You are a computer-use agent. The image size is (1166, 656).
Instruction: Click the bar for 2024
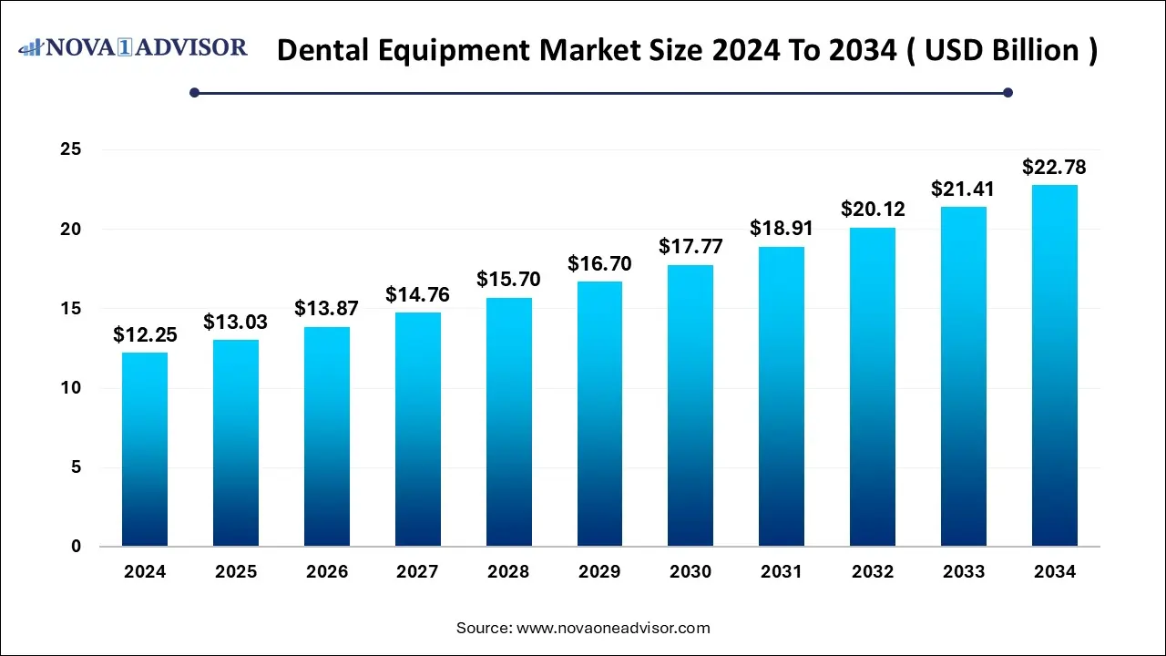(x=145, y=449)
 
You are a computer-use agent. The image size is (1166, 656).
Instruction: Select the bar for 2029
(x=599, y=414)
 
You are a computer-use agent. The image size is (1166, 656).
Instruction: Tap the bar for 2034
(x=1055, y=365)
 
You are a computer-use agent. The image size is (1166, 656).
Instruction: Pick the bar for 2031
(x=782, y=396)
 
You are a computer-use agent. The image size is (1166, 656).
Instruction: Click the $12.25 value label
(x=145, y=335)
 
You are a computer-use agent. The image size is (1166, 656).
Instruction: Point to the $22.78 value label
(x=1054, y=168)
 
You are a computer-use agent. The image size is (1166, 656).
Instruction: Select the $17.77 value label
(x=690, y=248)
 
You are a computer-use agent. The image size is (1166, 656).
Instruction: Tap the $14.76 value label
(x=417, y=295)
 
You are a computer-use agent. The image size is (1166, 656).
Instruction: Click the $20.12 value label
(x=873, y=210)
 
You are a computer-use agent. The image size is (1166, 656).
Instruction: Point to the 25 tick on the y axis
(x=71, y=149)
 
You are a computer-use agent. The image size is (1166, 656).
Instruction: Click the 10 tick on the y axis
(x=71, y=388)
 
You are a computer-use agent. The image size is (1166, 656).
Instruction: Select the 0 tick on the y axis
(x=77, y=547)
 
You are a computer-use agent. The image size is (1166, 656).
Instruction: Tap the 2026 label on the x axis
(x=327, y=572)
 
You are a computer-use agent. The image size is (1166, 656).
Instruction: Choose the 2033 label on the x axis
(x=964, y=572)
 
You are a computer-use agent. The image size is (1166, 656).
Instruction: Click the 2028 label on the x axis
(x=508, y=572)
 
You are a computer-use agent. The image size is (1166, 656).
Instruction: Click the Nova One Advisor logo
(x=133, y=46)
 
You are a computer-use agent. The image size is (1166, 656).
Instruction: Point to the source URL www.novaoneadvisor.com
(x=613, y=628)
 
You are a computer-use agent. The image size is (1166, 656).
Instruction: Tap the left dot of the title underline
(x=194, y=92)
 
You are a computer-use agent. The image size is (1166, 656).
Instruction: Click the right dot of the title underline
(x=1007, y=92)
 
